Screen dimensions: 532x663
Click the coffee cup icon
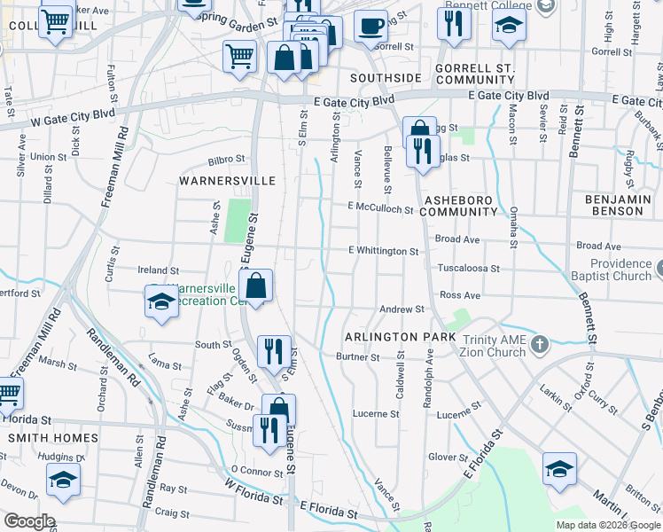click(x=370, y=27)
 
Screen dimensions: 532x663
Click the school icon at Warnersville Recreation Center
click(x=162, y=301)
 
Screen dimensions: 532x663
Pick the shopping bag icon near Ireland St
click(x=255, y=286)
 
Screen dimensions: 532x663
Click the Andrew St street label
click(x=402, y=309)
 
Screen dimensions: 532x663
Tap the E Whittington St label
click(x=383, y=252)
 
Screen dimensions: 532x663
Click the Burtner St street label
click(x=358, y=357)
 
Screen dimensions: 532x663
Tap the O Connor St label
click(x=256, y=470)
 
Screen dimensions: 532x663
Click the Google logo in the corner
click(x=28, y=521)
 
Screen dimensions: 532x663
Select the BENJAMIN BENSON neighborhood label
click(x=617, y=206)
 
